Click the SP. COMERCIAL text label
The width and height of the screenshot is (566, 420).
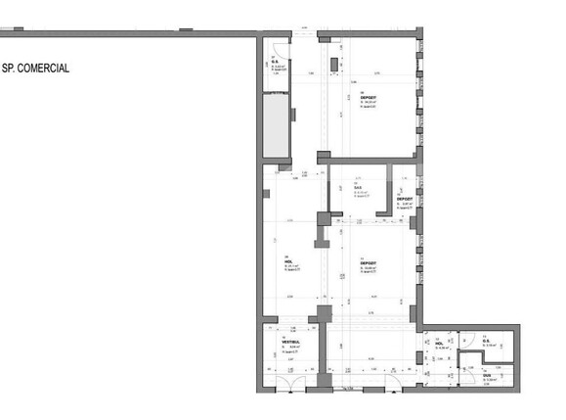point(36,70)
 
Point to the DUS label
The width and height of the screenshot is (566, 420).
point(486,374)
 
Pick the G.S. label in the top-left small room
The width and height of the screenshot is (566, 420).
point(276,64)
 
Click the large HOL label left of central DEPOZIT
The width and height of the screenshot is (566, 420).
point(288,263)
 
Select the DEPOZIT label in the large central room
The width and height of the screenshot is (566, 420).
point(368,263)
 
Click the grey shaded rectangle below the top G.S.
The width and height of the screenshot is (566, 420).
point(276,128)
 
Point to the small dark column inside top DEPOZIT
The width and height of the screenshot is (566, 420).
point(335,65)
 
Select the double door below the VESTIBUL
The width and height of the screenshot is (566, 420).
point(293,381)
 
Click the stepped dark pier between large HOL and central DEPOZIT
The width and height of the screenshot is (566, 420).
point(323,229)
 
